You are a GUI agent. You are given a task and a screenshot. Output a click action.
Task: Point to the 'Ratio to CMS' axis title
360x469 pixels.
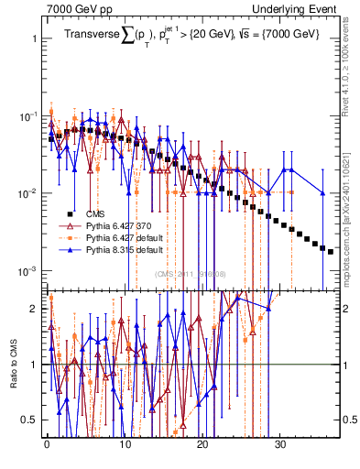click(x=13, y=366)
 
